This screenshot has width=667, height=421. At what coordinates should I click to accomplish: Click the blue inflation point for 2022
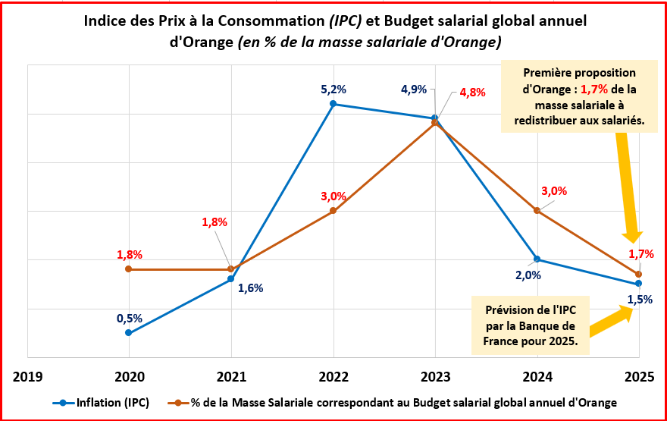click(333, 104)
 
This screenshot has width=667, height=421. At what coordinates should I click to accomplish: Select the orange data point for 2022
click(333, 211)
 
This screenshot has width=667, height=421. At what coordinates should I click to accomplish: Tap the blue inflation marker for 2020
click(129, 333)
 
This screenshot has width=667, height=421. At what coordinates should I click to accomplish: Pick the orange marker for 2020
click(129, 269)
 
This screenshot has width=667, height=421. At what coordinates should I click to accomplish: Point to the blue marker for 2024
click(537, 259)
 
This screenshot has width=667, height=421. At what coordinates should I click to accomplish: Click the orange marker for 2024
click(537, 211)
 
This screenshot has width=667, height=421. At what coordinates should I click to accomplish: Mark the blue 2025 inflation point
click(639, 284)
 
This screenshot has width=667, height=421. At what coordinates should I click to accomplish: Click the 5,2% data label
click(333, 89)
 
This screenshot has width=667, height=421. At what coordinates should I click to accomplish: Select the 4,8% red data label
click(472, 93)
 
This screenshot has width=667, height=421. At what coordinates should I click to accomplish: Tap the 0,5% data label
click(129, 319)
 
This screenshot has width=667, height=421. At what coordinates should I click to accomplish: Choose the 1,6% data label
click(249, 287)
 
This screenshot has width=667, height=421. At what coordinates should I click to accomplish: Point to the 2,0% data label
click(528, 275)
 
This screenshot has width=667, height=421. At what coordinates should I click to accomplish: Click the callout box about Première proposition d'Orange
click(581, 96)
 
